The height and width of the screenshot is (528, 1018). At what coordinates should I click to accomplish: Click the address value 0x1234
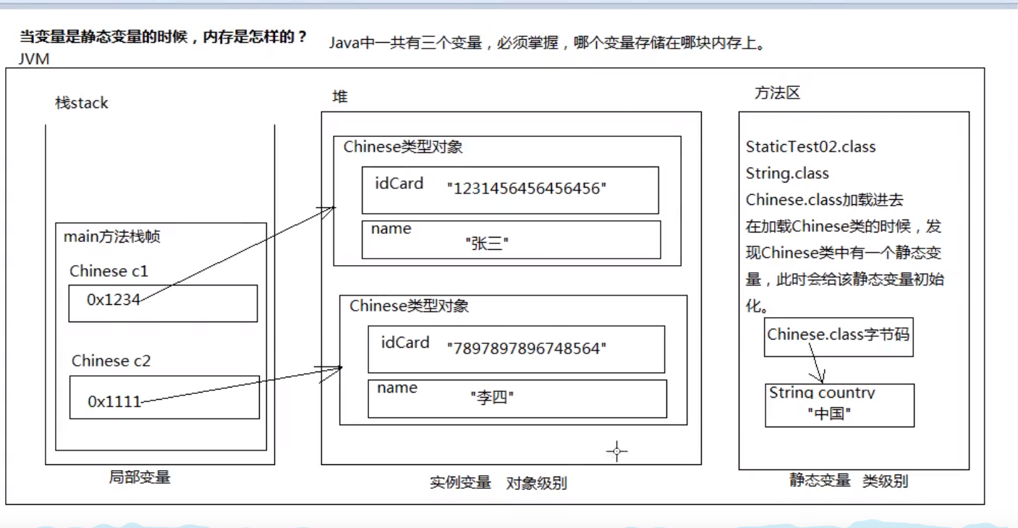(x=113, y=299)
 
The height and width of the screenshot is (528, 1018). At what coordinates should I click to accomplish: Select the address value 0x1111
(x=114, y=401)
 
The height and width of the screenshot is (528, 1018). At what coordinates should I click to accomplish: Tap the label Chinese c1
(x=109, y=271)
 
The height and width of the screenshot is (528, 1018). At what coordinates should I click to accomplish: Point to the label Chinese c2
(x=111, y=361)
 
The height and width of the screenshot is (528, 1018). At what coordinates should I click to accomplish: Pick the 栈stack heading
(x=82, y=103)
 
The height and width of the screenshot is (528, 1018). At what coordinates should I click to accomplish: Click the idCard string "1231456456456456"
(x=527, y=189)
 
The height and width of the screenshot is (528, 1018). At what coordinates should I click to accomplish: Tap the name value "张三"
(x=490, y=244)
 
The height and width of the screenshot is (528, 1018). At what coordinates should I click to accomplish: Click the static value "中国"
(x=828, y=414)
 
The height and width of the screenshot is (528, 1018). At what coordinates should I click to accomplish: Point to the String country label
(x=822, y=393)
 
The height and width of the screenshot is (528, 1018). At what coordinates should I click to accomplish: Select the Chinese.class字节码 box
(x=838, y=335)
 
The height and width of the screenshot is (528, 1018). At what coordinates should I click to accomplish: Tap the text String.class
(x=787, y=174)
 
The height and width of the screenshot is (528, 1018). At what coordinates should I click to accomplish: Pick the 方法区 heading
(x=777, y=93)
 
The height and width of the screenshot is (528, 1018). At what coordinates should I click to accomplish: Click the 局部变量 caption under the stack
(x=140, y=477)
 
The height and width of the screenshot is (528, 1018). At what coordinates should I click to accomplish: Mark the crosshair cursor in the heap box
(x=616, y=451)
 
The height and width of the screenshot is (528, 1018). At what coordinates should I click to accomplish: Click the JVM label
(x=34, y=59)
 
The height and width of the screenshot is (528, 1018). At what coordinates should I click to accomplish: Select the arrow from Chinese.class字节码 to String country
(x=816, y=363)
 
